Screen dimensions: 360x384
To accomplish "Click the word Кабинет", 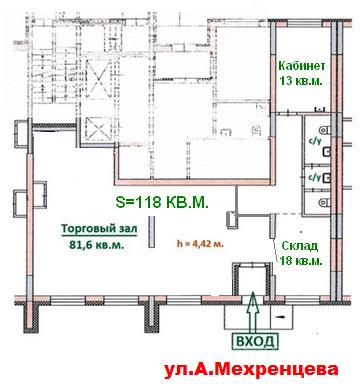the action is coord(302,66).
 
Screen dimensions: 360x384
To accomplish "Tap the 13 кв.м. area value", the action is coord(301,80).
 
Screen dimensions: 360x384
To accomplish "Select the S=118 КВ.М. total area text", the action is coord(162,202).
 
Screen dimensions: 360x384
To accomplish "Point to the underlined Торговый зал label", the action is coord(99,229).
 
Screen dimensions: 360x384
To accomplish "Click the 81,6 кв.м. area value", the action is coord(97,245).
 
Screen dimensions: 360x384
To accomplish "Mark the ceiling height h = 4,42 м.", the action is coord(200,244).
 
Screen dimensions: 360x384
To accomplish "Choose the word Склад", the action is coord(300,246).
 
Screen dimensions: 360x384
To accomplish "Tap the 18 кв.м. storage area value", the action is coord(301,261).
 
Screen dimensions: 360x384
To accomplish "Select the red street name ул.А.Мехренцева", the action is coord(251,370).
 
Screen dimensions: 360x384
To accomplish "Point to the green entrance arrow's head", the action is coord(253,298).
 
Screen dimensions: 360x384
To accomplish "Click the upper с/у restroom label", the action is coord(315,141).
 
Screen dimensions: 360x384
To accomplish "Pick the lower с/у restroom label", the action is coord(315,176).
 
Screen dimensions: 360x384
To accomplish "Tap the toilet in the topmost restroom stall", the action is coord(325,129).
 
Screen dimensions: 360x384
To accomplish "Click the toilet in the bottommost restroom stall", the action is coord(324,202).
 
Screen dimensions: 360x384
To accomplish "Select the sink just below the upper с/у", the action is coord(326,152).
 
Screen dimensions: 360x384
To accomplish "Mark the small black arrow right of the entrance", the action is coord(281,317).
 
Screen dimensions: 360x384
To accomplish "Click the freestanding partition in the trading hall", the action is coord(152,232).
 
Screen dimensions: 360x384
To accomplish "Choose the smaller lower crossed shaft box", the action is coord(97,129).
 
